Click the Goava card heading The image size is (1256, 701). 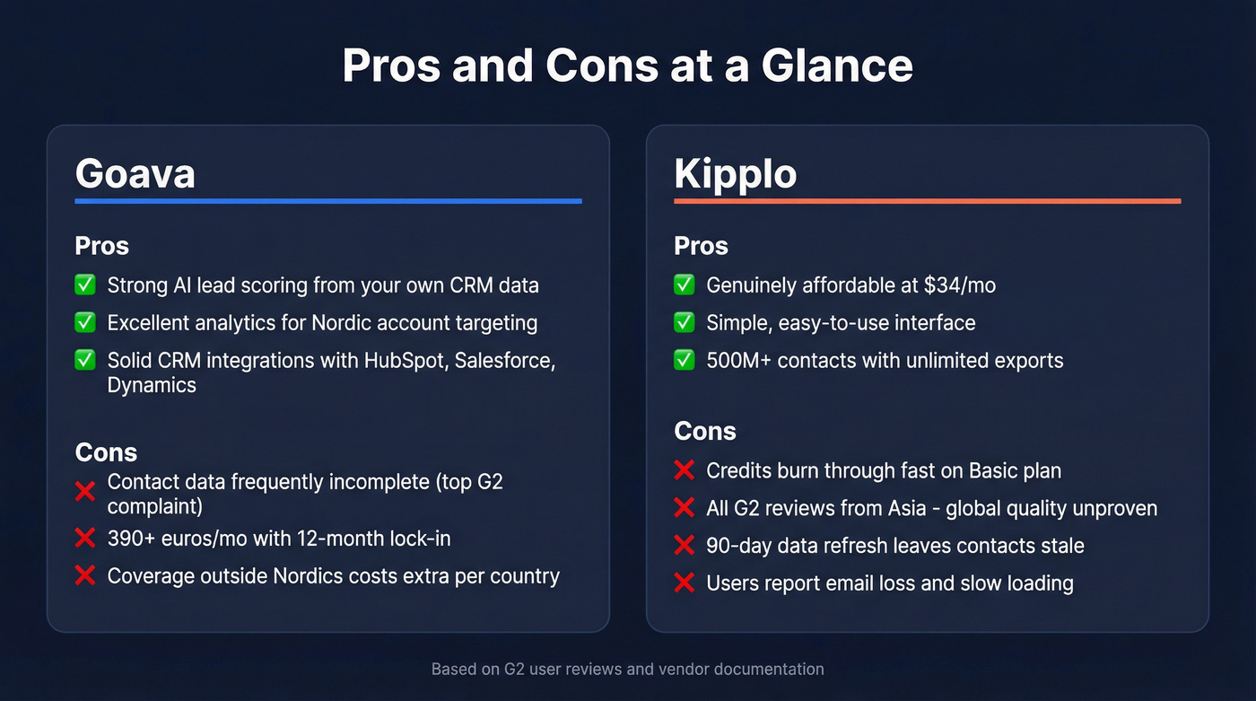(135, 173)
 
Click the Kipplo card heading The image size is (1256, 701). (735, 173)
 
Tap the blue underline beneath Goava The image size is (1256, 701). (328, 201)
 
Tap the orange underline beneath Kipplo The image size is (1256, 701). (927, 201)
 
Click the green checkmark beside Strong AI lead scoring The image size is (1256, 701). (85, 285)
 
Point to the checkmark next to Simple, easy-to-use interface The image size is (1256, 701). (685, 323)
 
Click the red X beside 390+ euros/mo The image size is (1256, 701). (85, 539)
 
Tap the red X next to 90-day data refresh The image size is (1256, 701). (685, 546)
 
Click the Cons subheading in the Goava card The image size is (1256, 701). (106, 452)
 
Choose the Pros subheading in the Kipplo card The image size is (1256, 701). (701, 246)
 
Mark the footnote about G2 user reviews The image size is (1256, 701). (627, 669)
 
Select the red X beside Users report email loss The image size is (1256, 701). (685, 583)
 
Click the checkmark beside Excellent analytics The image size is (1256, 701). (85, 323)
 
